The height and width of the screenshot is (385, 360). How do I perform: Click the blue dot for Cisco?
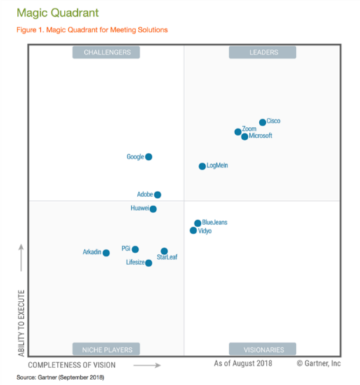(x=262, y=122)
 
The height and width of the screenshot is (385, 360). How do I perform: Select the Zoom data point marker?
(x=238, y=132)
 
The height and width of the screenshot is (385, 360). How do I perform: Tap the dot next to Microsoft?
(x=245, y=137)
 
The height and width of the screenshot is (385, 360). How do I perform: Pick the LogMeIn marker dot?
(x=202, y=166)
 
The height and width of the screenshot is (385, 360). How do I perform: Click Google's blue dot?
(x=148, y=157)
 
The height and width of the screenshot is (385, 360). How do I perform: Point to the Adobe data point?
(x=157, y=195)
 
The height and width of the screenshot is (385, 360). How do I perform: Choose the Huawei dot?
(x=153, y=209)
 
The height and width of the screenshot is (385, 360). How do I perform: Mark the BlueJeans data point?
(x=197, y=223)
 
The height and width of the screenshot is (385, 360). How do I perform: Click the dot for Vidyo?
(x=193, y=231)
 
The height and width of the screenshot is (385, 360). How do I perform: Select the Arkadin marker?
(x=106, y=253)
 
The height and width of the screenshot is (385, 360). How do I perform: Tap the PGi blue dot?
(x=135, y=249)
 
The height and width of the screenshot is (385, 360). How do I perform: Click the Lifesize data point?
(x=148, y=263)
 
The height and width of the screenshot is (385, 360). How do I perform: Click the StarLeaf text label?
(x=167, y=258)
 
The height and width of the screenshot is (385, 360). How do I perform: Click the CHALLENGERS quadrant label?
(x=106, y=53)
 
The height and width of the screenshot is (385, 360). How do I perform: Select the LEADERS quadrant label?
(x=262, y=53)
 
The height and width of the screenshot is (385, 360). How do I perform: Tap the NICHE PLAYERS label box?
(x=106, y=349)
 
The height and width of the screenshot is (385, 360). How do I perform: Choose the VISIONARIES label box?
(x=262, y=349)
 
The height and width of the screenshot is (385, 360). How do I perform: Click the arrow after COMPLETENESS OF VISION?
(x=147, y=365)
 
